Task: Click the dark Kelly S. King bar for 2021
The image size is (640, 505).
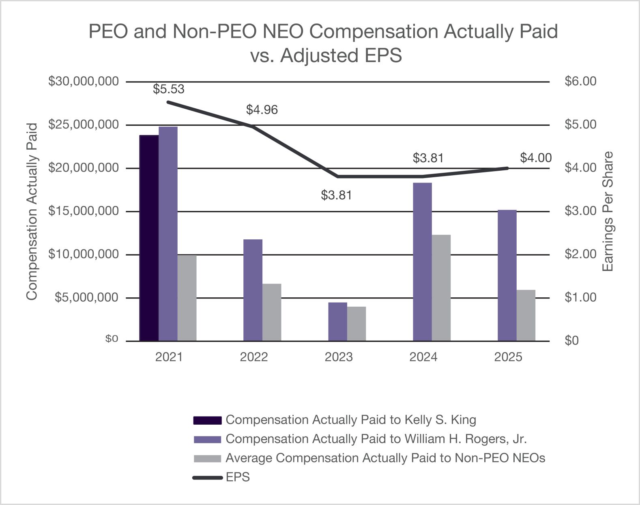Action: [x=149, y=238]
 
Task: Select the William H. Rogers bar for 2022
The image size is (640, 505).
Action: [x=253, y=290]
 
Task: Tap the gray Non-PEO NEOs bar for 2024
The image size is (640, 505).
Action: [x=441, y=288]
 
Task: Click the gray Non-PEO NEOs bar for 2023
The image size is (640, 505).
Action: [x=356, y=323]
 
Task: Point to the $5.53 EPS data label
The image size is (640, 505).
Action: [x=168, y=89]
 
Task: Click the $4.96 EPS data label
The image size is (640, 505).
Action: [x=262, y=110]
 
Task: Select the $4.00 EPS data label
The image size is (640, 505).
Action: [x=535, y=158]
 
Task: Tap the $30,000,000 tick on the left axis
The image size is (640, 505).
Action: [x=84, y=82]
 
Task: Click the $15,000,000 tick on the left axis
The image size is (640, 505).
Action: [x=84, y=211]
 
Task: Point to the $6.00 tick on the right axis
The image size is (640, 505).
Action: [x=580, y=82]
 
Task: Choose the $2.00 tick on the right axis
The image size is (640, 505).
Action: [x=580, y=254]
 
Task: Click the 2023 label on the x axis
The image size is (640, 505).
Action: [x=339, y=357]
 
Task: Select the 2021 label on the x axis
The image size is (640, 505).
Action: [x=169, y=357]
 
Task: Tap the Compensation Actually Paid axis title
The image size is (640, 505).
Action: [x=32, y=211]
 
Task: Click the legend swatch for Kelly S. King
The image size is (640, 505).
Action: [x=207, y=420]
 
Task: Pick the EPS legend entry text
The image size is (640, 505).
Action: [x=238, y=477]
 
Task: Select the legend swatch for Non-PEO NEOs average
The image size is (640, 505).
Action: [x=207, y=458]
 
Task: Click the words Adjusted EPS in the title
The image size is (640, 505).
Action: [x=340, y=56]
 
